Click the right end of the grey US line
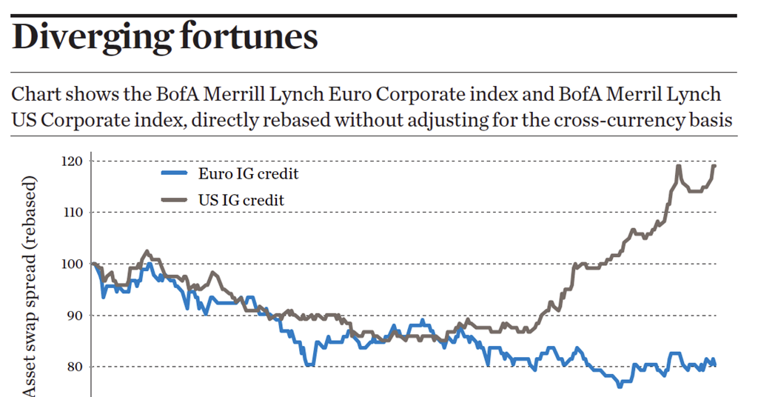coord(715,165)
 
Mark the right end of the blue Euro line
coord(715,364)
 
